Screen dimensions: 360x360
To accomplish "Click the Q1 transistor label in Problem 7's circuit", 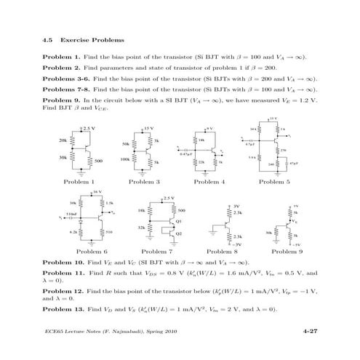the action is point(179,220).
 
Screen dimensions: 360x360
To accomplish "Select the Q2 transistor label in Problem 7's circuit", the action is point(179,232).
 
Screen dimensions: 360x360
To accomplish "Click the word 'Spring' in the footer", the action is point(153,332).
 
